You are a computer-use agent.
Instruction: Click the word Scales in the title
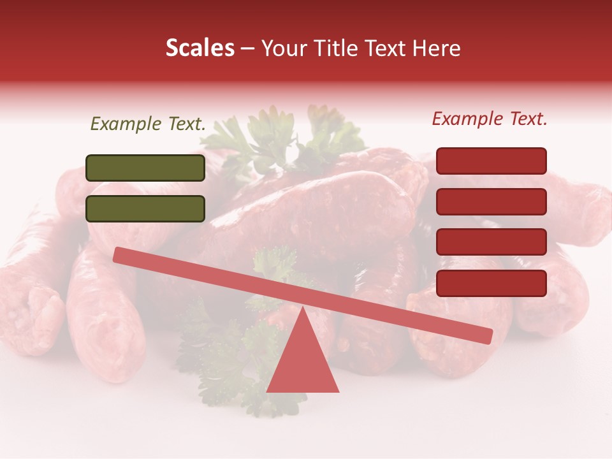pyautogui.click(x=200, y=48)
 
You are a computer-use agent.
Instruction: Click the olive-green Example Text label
pyautogui.click(x=148, y=124)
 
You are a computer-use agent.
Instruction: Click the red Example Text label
pyautogui.click(x=490, y=119)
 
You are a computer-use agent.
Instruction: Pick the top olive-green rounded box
pyautogui.click(x=145, y=168)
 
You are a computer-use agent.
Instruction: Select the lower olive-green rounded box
pyautogui.click(x=145, y=208)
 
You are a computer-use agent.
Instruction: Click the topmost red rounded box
pyautogui.click(x=491, y=161)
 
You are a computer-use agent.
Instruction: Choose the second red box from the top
pyautogui.click(x=491, y=201)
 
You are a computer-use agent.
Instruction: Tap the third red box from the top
pyautogui.click(x=491, y=242)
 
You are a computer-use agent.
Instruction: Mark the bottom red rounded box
pyautogui.click(x=491, y=283)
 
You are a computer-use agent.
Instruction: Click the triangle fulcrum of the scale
pyautogui.click(x=303, y=363)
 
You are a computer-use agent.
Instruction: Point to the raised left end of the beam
pyautogui.click(x=121, y=255)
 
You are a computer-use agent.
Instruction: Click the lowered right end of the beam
pyautogui.click(x=484, y=335)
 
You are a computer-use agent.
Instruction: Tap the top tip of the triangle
pyautogui.click(x=303, y=308)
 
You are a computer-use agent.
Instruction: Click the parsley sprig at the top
pyautogui.click(x=280, y=137)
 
